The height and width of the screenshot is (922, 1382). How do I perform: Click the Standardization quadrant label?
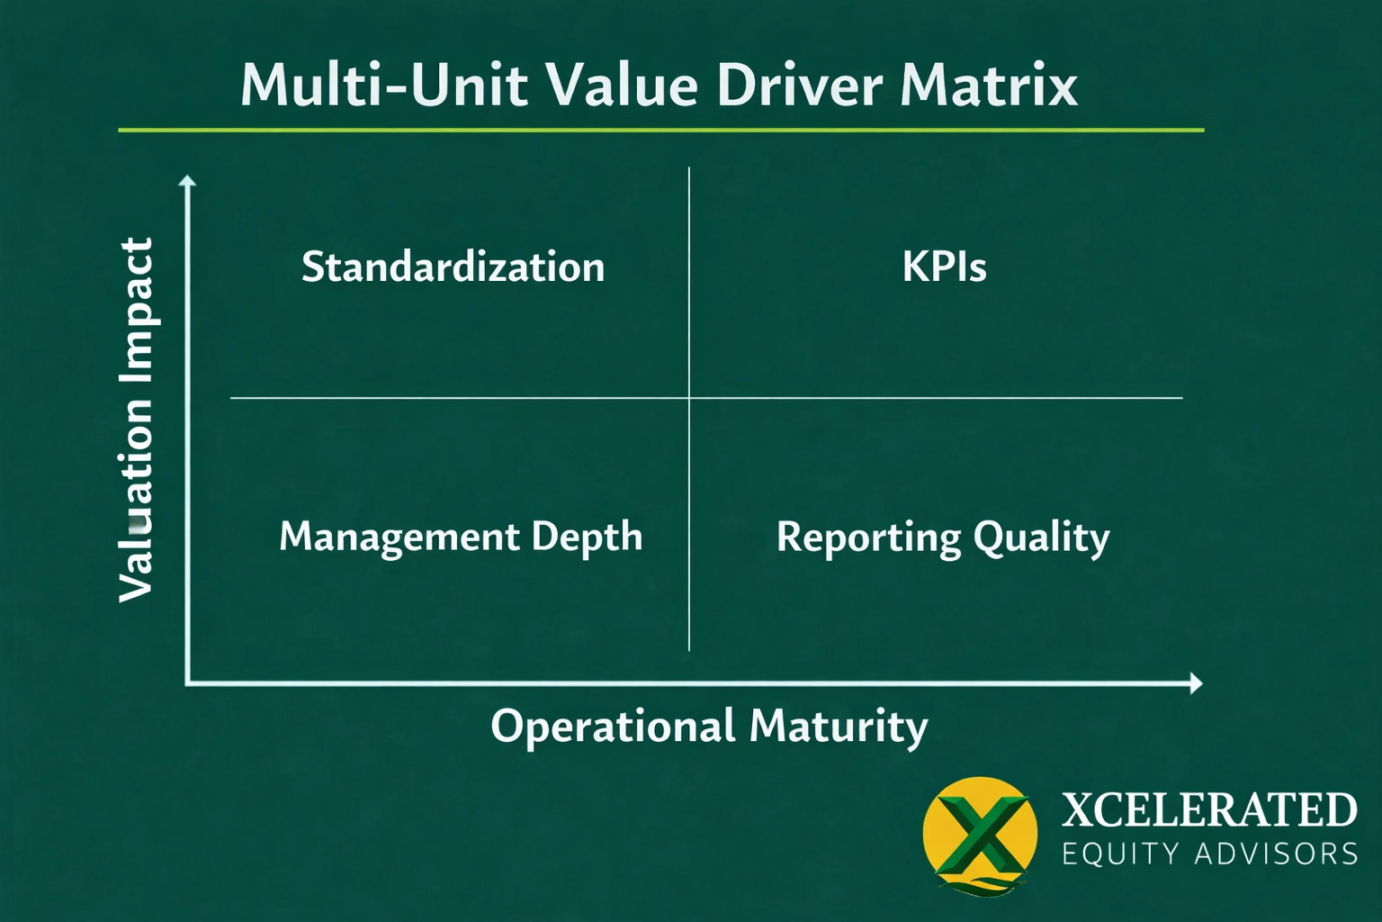pos(453,267)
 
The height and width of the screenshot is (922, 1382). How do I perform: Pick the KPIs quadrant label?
pos(944,267)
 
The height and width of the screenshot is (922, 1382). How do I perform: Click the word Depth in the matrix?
pos(587,538)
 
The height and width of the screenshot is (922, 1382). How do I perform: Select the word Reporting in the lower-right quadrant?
pos(868,538)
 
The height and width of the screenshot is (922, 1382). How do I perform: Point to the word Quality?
pos(1041,538)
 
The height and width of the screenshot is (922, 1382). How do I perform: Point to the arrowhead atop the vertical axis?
pos(187,182)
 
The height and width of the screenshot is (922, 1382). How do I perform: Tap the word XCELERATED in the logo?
pos(1209,809)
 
